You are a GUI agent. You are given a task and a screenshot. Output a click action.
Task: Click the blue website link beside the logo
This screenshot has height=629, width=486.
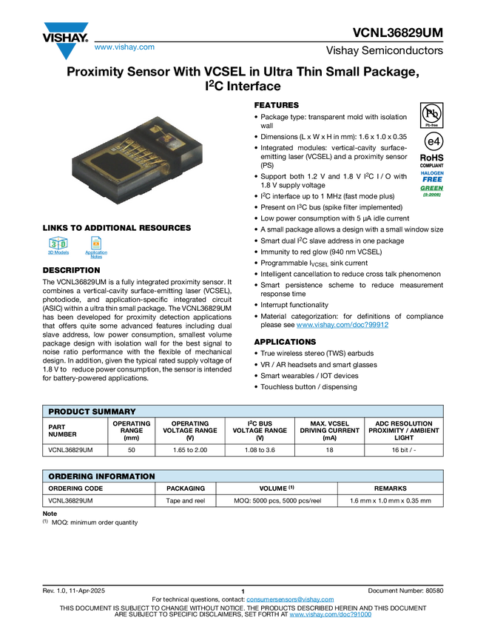[x=124, y=48]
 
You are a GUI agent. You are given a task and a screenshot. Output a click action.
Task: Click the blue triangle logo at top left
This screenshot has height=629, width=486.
[x=67, y=51]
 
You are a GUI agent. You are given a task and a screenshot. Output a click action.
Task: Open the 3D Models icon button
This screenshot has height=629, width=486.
[x=58, y=247]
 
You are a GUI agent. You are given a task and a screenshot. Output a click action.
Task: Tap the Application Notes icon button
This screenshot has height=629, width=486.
[x=96, y=247]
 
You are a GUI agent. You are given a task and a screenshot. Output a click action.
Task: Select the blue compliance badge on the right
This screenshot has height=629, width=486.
[x=432, y=176]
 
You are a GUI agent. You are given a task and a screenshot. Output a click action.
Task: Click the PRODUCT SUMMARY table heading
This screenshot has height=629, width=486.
[x=92, y=411]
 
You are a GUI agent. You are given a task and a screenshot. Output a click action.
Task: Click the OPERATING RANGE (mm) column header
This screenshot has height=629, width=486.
[x=131, y=431]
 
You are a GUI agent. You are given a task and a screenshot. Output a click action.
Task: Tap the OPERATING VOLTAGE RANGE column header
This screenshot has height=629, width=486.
[x=189, y=431]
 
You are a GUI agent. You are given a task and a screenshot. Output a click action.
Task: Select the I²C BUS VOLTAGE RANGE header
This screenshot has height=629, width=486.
[x=260, y=431]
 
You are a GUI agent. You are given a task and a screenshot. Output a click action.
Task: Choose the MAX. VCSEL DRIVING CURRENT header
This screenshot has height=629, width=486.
[x=329, y=431]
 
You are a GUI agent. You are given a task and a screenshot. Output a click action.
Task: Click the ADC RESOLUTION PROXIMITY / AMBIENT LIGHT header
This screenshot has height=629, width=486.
[x=404, y=431]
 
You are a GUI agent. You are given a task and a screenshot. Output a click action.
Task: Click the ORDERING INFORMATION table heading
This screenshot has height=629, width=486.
[x=101, y=477]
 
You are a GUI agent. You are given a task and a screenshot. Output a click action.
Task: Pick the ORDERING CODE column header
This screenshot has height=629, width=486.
[x=75, y=488]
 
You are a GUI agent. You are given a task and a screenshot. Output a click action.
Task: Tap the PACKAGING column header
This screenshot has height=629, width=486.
[x=186, y=488]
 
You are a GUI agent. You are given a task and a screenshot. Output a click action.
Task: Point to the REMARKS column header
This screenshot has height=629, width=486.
[x=390, y=488]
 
